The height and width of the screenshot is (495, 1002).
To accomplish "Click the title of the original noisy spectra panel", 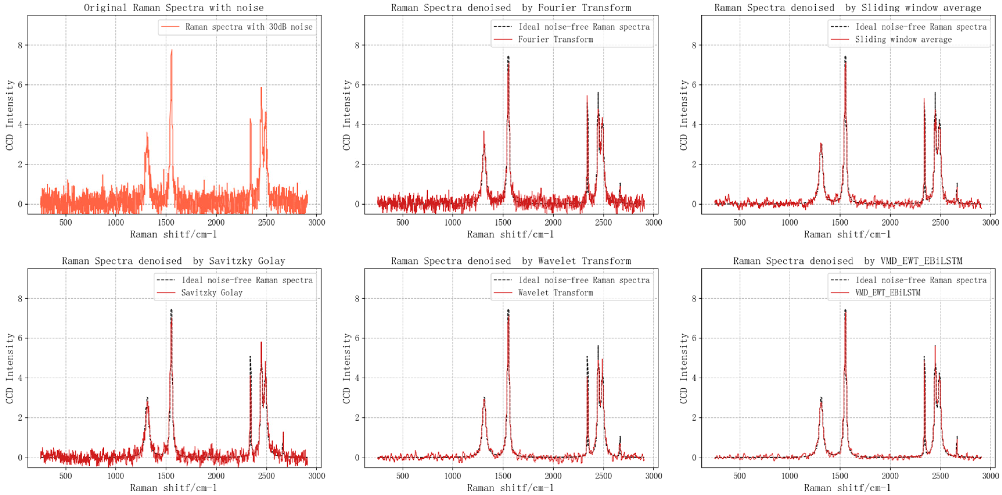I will point(174,7).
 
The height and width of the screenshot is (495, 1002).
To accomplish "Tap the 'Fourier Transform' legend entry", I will point(555,39).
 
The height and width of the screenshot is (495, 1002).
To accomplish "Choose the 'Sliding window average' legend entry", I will point(903,39).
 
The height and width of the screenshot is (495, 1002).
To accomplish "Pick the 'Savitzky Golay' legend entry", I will point(212,292).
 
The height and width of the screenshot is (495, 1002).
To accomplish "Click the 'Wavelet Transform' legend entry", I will point(555,292).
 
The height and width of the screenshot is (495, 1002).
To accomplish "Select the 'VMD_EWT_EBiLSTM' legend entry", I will point(888,292).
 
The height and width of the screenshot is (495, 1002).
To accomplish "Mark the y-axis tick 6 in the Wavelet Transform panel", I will point(357,338).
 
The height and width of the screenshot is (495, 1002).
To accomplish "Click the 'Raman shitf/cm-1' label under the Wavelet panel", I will point(510,488).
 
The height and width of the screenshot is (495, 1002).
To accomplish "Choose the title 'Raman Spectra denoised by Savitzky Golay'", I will point(174,261).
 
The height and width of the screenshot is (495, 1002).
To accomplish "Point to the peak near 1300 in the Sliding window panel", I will point(821,144).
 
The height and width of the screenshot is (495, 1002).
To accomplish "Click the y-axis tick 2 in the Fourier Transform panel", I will point(357,164).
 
